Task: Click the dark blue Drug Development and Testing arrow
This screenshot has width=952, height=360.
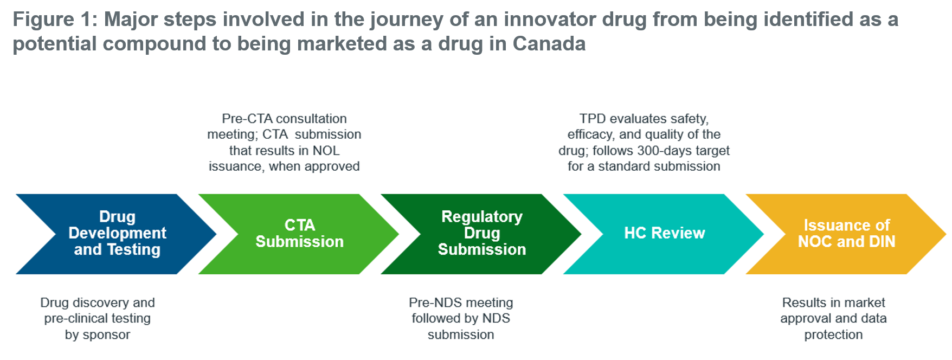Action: pos(117,234)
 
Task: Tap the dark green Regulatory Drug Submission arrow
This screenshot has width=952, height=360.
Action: pos(481,234)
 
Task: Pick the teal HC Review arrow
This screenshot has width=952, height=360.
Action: pos(664,234)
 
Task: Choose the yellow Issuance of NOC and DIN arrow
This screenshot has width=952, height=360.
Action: pos(846,234)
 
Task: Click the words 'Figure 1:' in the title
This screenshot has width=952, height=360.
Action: pos(55,20)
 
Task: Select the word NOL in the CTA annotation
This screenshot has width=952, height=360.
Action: pos(326,151)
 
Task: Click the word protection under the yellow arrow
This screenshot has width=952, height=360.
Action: pos(833,335)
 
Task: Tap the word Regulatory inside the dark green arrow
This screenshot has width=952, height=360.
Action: pos(482,217)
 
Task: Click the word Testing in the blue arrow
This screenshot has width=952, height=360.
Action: pos(133,250)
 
